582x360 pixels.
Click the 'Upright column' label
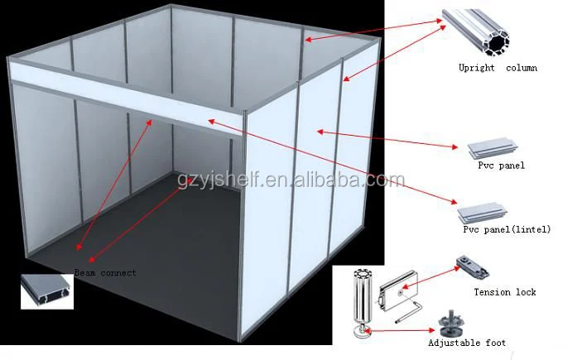(x=498, y=68)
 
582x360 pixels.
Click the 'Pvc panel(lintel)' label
(x=504, y=228)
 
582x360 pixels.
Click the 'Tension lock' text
(x=504, y=292)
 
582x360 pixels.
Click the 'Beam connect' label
(x=105, y=272)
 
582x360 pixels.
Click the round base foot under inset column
(x=363, y=331)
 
